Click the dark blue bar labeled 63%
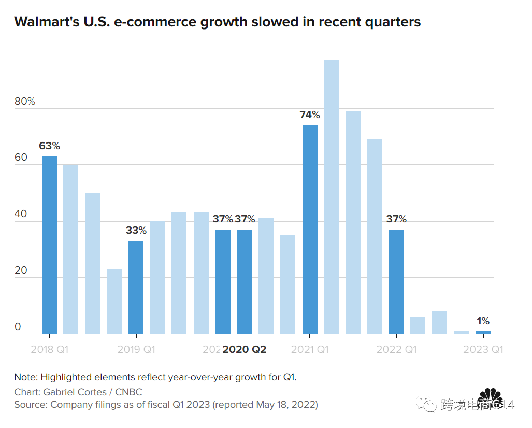tap(49, 245)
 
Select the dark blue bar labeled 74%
tap(310, 229)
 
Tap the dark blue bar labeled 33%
tap(136, 287)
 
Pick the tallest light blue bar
tap(331, 197)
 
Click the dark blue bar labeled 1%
tap(483, 332)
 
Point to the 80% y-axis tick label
tap(25, 102)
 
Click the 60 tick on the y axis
tap(21, 158)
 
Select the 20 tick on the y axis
tap(21, 270)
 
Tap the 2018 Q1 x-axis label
tap(49, 350)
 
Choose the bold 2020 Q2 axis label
tap(245, 350)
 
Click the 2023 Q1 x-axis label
tap(483, 350)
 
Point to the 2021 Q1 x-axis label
tap(310, 350)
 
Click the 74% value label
tap(310, 115)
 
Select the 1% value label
tap(483, 321)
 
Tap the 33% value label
tap(136, 231)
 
